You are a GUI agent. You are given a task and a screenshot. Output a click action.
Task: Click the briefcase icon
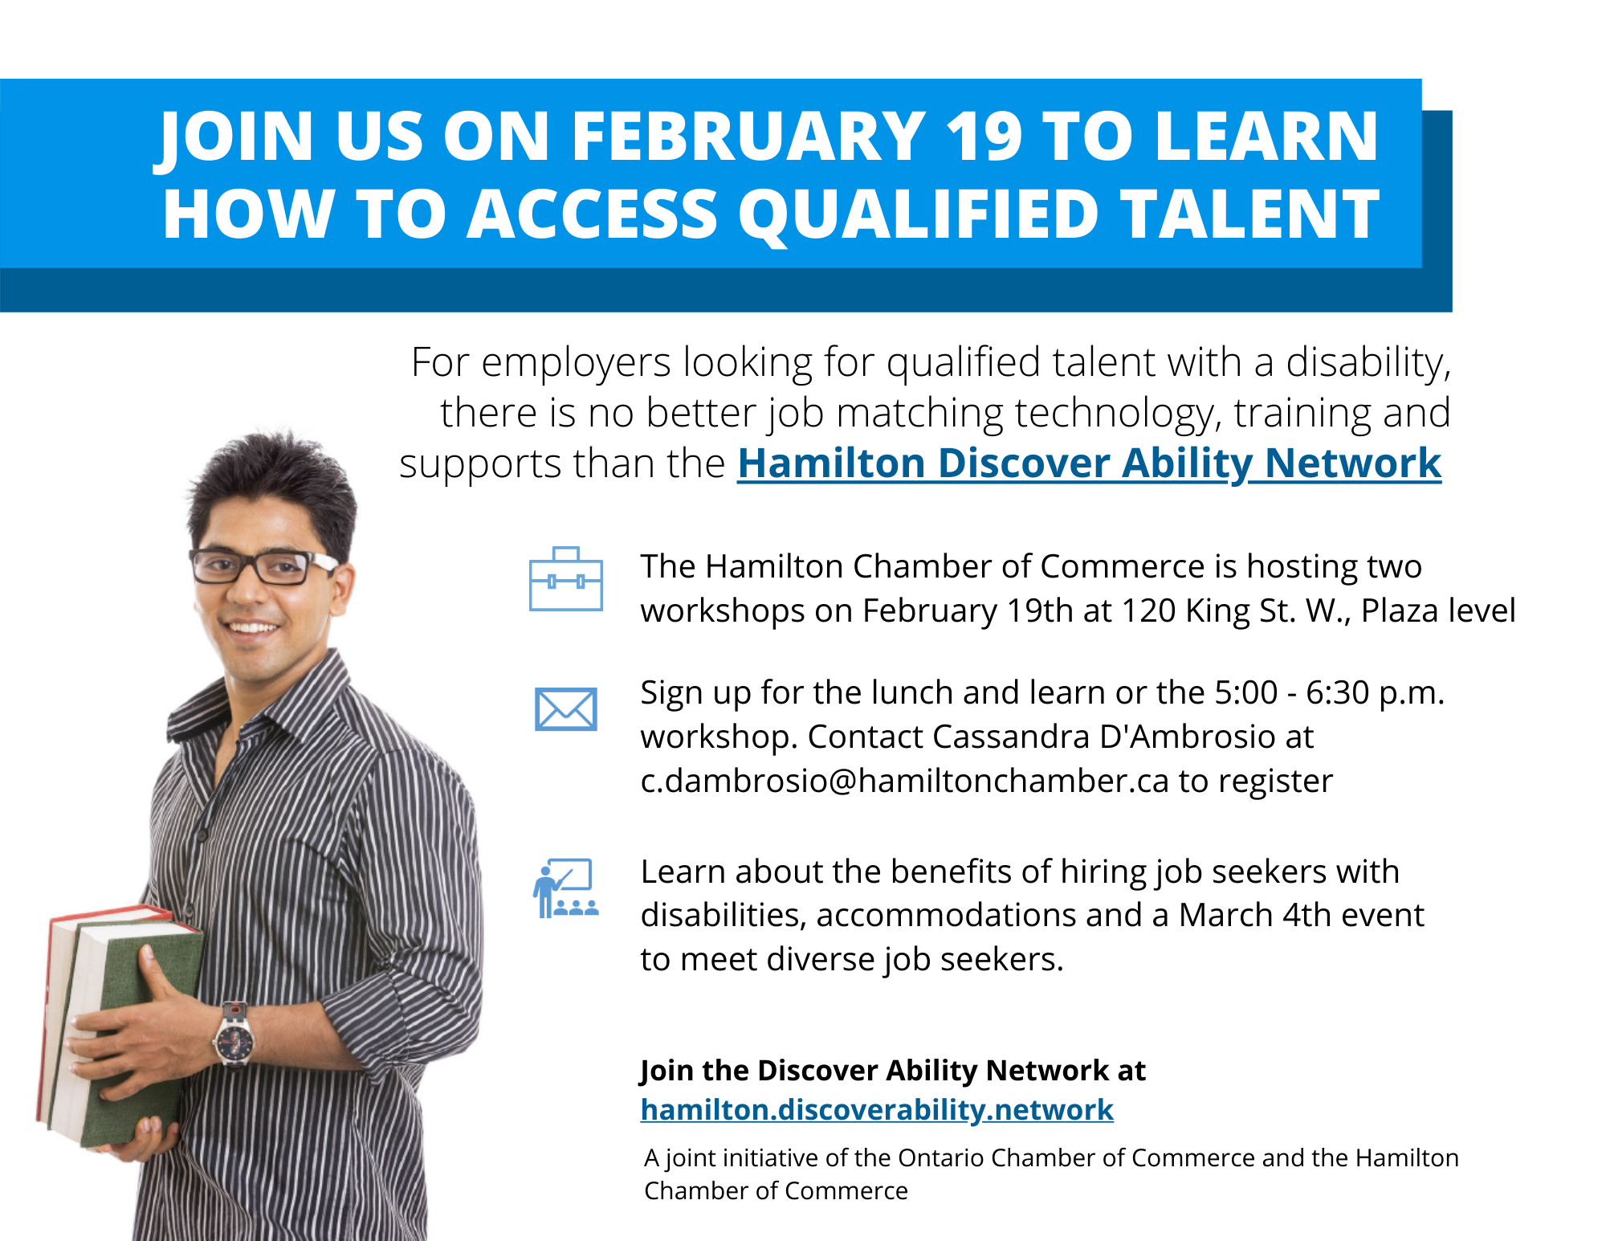[566, 579]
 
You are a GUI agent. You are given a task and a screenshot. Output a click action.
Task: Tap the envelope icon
[566, 709]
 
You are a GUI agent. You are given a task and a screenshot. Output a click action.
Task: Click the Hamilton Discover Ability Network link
[1090, 463]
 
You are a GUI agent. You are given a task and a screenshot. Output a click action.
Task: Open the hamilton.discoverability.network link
[877, 1109]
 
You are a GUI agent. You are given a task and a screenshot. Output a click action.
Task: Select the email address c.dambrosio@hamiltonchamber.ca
[905, 781]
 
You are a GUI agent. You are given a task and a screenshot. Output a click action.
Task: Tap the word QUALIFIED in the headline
[919, 215]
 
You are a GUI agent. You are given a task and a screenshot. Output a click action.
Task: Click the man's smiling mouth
[252, 627]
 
